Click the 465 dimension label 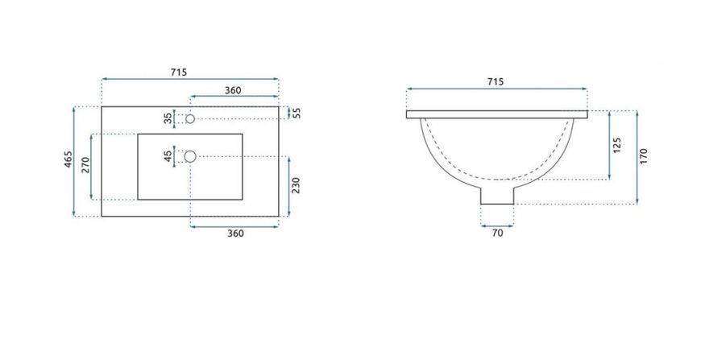[x=68, y=159]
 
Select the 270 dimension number [x=86, y=165]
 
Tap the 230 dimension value [x=296, y=185]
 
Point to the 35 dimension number [x=168, y=118]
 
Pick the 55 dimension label [x=297, y=113]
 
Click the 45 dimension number [x=168, y=156]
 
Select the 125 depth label [x=617, y=145]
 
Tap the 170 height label [x=644, y=156]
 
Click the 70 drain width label [x=497, y=233]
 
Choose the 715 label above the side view [x=496, y=81]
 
